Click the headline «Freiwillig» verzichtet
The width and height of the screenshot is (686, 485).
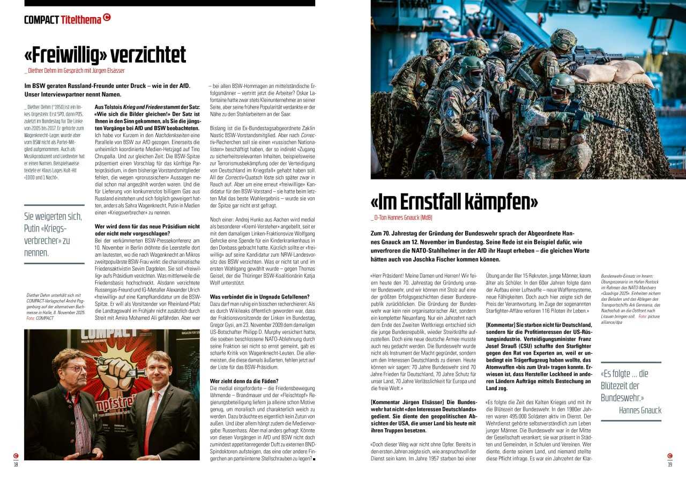pos(105,55)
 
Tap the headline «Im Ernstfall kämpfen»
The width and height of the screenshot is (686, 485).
pos(454,202)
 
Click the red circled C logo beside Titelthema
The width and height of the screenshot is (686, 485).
pos(107,18)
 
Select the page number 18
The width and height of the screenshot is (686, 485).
pos(16,464)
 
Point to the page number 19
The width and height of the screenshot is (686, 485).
pos(670,464)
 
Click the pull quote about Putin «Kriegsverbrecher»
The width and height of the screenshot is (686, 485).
pos(54,234)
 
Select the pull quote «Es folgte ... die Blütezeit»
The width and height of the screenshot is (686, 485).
pos(625,385)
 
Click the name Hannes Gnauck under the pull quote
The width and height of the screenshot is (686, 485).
pos(640,411)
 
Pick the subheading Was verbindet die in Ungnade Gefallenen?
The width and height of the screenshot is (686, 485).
pos(259,296)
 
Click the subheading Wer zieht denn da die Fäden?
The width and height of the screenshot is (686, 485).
pos(244,380)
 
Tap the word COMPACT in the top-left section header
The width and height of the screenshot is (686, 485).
pos(41,20)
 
